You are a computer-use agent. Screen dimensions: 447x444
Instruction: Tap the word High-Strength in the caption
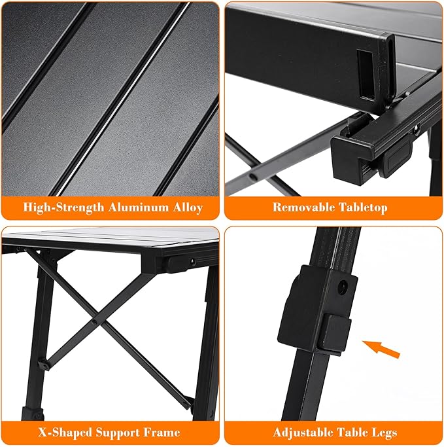[x=63, y=208]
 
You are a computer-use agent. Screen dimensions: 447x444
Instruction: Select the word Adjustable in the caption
[x=302, y=433]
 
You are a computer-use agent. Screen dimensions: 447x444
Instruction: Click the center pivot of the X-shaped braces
[x=95, y=321]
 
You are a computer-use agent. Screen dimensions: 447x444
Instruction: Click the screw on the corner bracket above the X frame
[x=192, y=262]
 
